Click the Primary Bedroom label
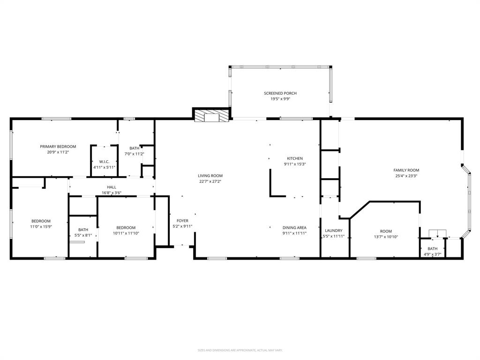[58, 147]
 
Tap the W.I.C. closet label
[104, 162]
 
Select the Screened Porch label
[280, 93]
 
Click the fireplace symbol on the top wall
[212, 116]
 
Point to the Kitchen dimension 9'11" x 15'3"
[295, 165]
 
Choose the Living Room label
[210, 176]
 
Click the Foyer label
[182, 221]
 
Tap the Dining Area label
[294, 227]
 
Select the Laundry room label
[334, 231]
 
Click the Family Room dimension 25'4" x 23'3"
[406, 176]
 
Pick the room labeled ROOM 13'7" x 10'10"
[386, 231]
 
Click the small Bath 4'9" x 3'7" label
[432, 249]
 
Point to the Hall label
[112, 187]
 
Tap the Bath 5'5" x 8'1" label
[83, 230]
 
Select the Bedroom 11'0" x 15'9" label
[41, 221]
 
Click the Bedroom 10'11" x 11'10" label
[126, 228]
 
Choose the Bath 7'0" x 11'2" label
[134, 148]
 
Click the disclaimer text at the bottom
[240, 350]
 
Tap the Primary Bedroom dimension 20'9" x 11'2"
[58, 152]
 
